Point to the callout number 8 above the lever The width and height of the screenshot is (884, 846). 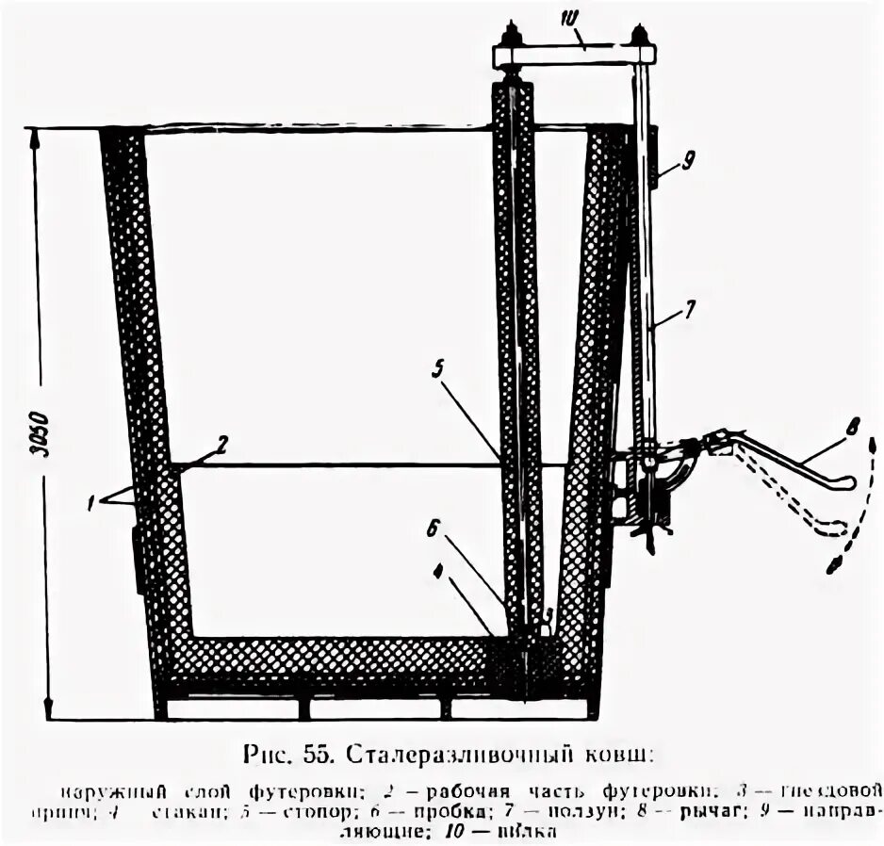coord(852,427)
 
